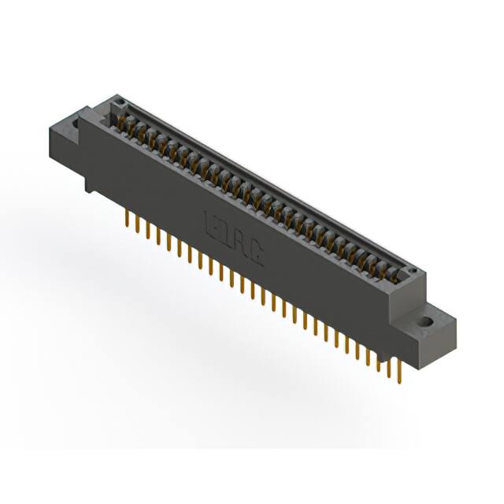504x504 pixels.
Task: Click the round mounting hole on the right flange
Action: (x=426, y=321)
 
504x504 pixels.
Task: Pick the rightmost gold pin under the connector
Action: (x=399, y=371)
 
